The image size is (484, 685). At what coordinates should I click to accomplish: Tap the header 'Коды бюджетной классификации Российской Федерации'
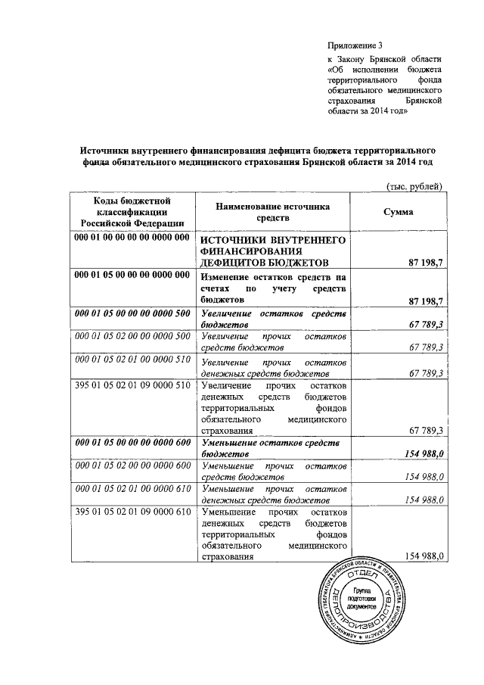[132, 211]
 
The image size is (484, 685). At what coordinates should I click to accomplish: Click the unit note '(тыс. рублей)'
[413, 187]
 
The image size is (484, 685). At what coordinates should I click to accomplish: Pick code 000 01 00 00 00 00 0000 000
[132, 238]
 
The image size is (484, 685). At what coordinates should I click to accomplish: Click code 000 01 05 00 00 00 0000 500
[132, 313]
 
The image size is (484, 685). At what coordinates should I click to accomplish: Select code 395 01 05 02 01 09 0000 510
[132, 386]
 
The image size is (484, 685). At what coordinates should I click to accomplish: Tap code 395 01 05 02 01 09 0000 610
[132, 512]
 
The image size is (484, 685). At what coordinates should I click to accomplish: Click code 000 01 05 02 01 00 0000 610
[132, 491]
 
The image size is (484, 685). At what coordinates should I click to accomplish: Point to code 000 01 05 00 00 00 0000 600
[132, 443]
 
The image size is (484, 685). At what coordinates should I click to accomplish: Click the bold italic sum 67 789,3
[420, 325]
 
